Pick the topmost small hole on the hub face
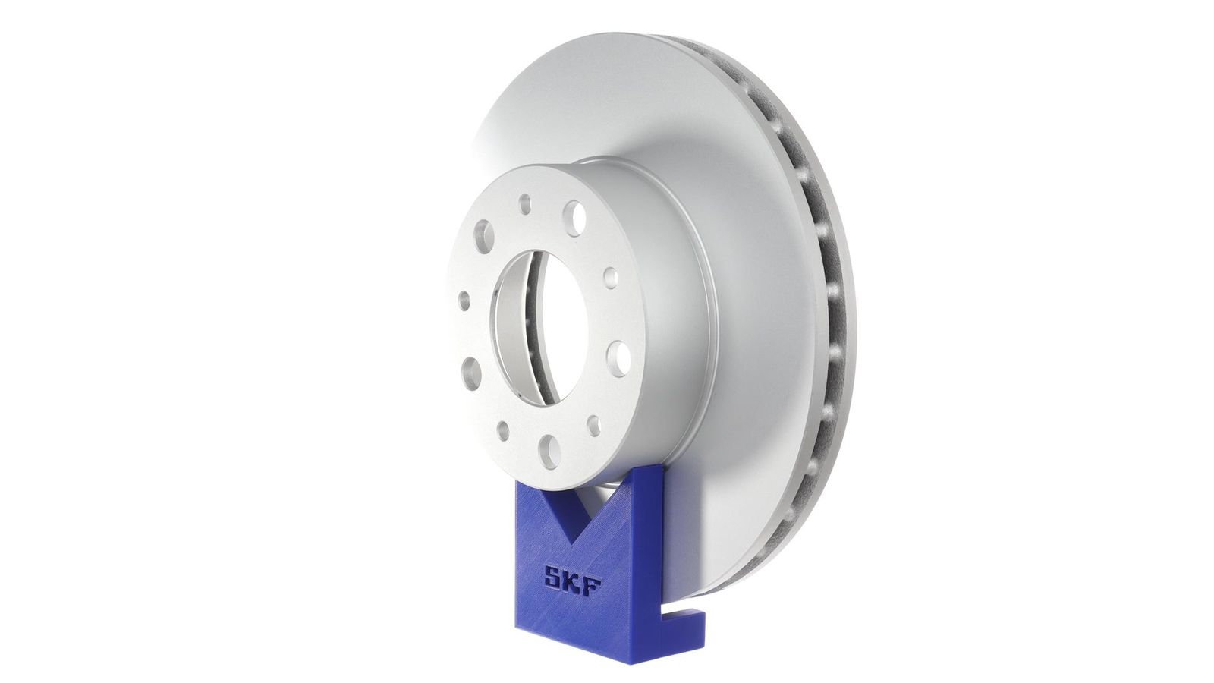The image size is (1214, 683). pyautogui.click(x=524, y=204)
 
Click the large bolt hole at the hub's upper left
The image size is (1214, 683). pyautogui.click(x=483, y=236)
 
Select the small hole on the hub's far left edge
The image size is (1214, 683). pyautogui.click(x=464, y=301)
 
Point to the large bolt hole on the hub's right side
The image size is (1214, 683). pyautogui.click(x=618, y=359)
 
